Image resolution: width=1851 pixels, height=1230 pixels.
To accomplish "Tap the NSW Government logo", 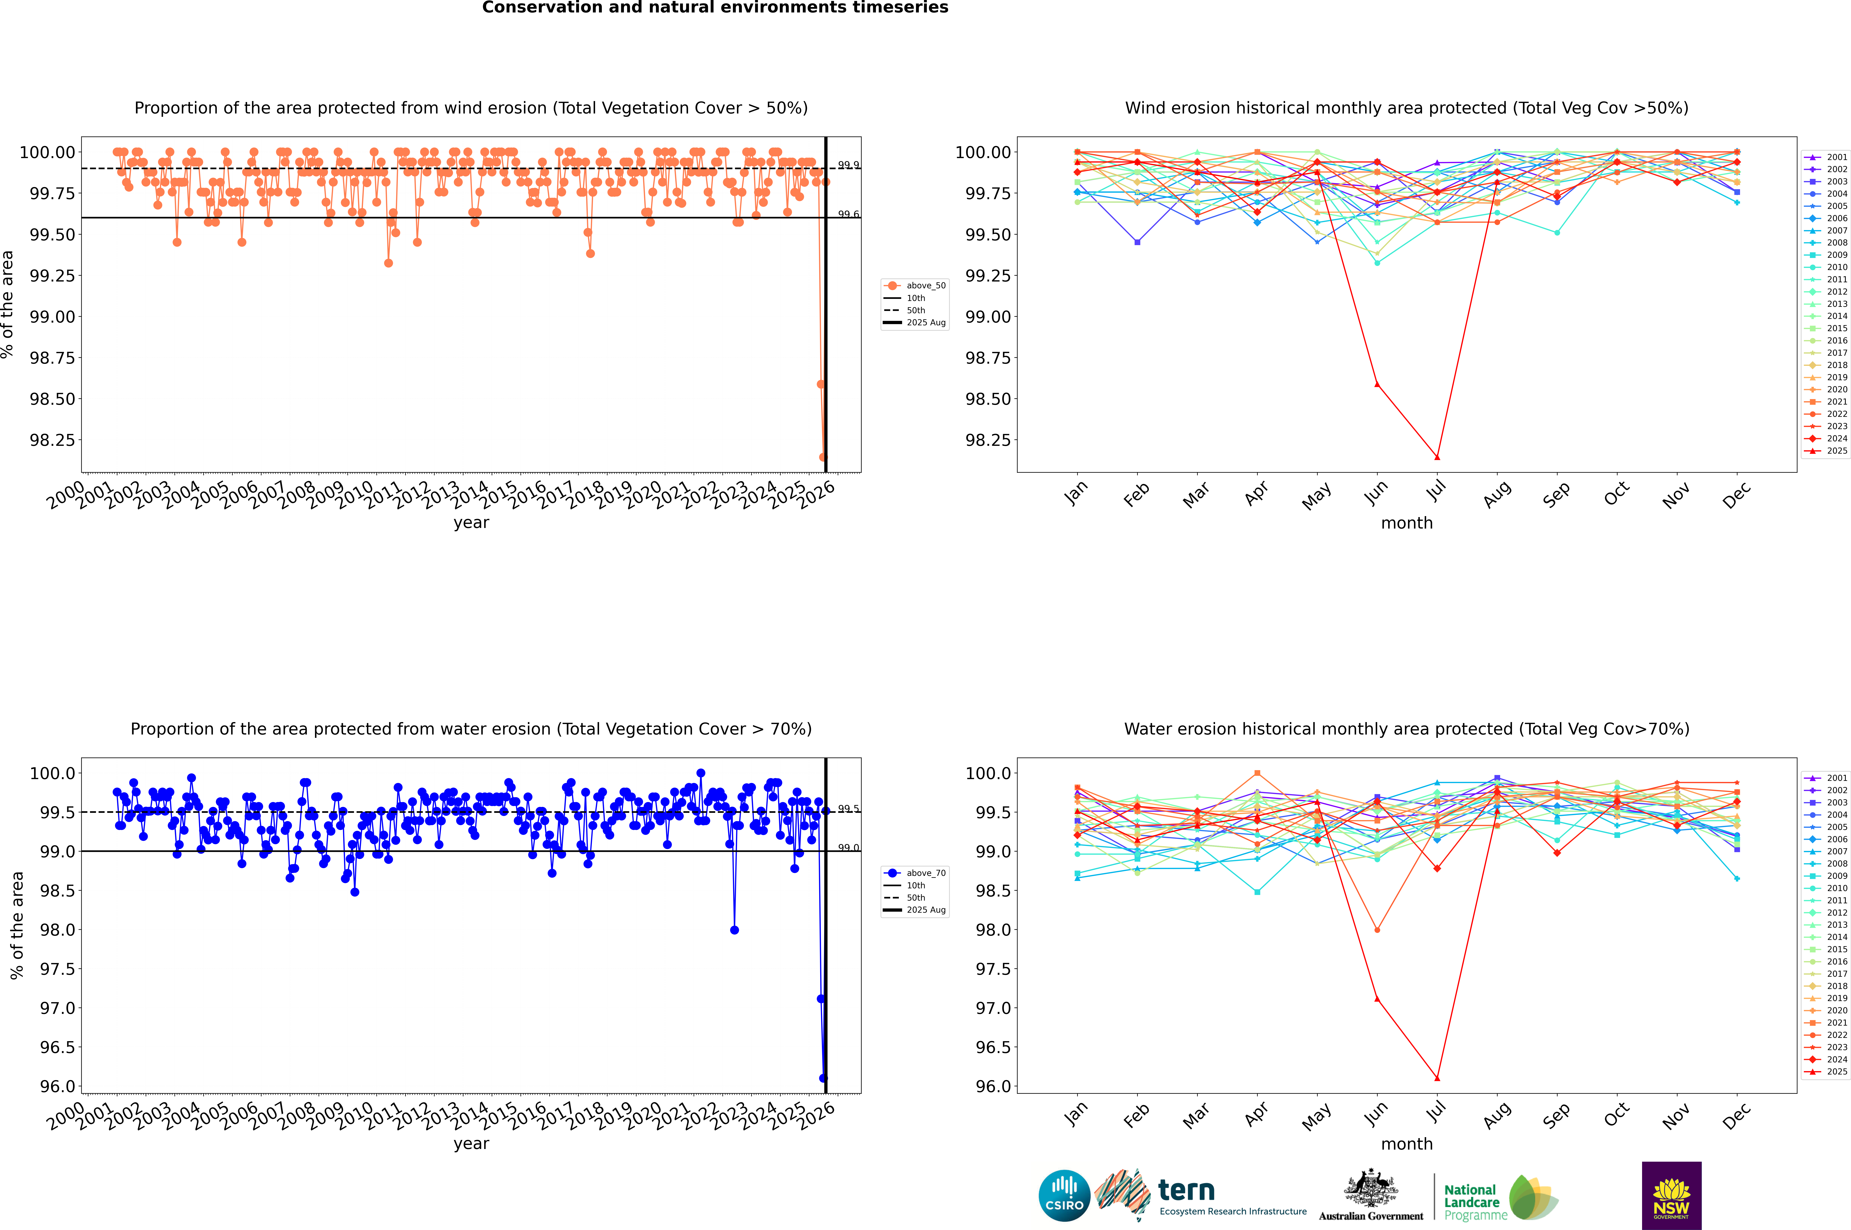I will tap(1671, 1196).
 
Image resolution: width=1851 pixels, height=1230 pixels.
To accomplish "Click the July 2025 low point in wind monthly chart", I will tap(1437, 457).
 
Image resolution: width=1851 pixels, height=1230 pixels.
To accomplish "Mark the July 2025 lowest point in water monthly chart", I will tap(1437, 1078).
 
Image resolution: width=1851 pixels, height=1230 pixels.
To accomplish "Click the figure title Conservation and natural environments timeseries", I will tap(715, 8).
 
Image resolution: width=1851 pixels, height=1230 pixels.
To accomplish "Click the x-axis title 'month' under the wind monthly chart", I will tap(1406, 523).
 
